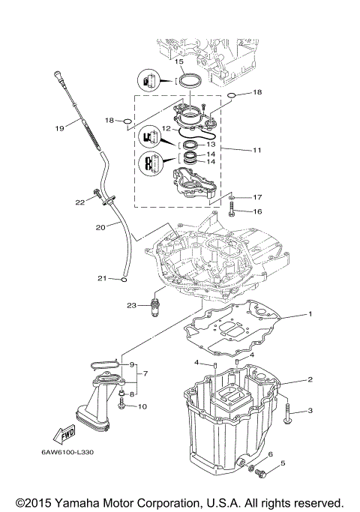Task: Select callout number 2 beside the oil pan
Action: pos(308,380)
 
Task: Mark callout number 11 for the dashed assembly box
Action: pos(256,150)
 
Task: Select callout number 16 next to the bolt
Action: pos(256,212)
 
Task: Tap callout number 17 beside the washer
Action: pos(256,197)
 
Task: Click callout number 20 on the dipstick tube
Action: pos(101,227)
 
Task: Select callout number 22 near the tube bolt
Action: pos(79,202)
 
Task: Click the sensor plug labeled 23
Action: pos(156,307)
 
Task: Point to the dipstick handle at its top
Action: pos(57,72)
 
